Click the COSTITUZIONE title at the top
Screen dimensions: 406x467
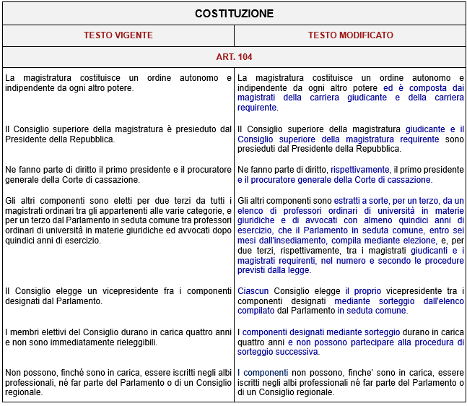point(234,14)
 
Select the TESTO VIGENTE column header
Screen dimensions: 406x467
point(118,35)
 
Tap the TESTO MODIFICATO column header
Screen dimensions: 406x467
point(350,35)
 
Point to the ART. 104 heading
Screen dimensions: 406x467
point(234,56)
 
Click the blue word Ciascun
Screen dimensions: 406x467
point(253,291)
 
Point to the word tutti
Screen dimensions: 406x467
point(215,200)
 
